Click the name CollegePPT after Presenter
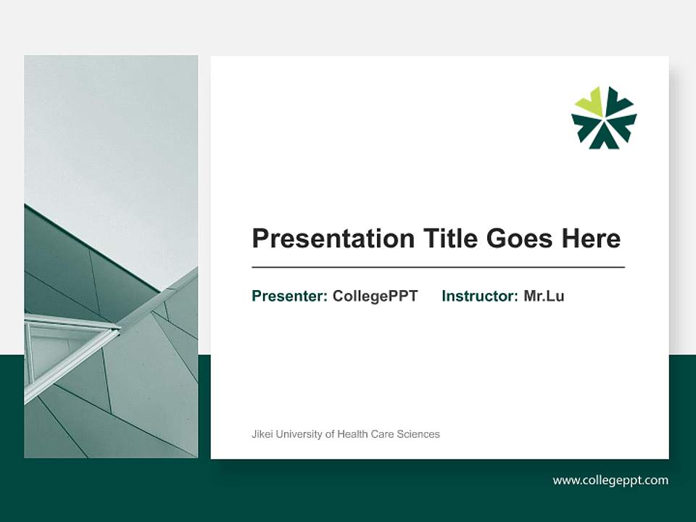[375, 296]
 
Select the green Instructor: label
[480, 296]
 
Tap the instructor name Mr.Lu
[544, 296]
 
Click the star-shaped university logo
[604, 117]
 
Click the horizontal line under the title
[438, 268]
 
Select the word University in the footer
[299, 434]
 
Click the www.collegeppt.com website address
[610, 480]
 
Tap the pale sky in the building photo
[109, 130]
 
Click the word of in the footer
[330, 434]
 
